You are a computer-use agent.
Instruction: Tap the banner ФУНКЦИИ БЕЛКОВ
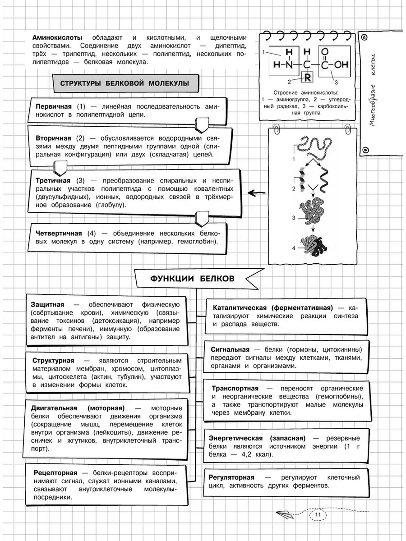pyautogui.click(x=192, y=278)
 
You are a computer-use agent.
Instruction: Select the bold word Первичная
pyautogui.click(x=53, y=106)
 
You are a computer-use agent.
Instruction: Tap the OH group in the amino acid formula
pyautogui.click(x=341, y=64)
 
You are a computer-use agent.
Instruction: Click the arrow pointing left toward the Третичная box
pyautogui.click(x=258, y=193)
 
